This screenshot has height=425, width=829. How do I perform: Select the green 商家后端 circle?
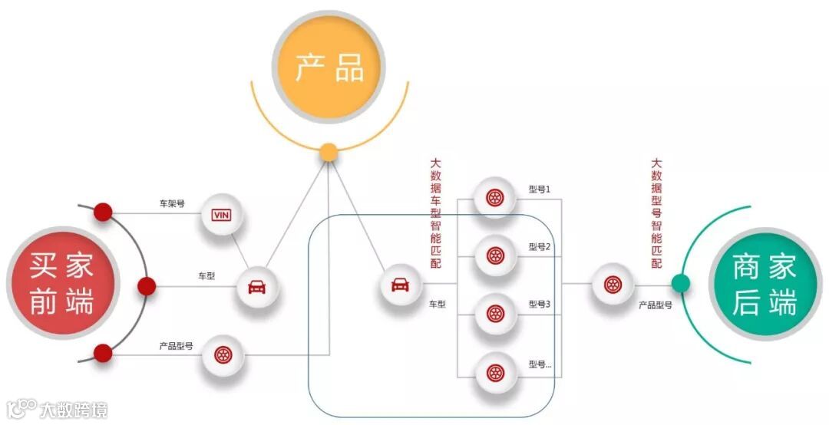pyautogui.click(x=764, y=284)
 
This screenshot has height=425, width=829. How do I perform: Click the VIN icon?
pyautogui.click(x=222, y=214)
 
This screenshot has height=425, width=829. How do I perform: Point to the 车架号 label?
pyautogui.click(x=172, y=204)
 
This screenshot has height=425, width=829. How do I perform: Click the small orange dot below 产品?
pyautogui.click(x=329, y=152)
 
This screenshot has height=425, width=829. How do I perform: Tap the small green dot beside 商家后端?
pyautogui.click(x=680, y=284)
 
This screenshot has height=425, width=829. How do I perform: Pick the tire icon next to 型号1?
pyautogui.click(x=495, y=198)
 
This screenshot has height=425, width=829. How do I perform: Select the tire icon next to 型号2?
pyautogui.click(x=495, y=255)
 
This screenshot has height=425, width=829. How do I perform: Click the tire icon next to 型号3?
pyautogui.click(x=495, y=313)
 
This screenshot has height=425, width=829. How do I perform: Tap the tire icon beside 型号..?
pyautogui.click(x=495, y=373)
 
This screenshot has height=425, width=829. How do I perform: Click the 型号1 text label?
pyautogui.click(x=540, y=189)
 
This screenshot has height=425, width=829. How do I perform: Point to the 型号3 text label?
pyautogui.click(x=540, y=305)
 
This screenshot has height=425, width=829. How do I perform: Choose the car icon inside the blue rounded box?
pyautogui.click(x=401, y=285)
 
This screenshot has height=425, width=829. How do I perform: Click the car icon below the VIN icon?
pyautogui.click(x=256, y=287)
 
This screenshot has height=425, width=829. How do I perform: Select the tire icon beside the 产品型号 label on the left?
pyautogui.click(x=223, y=355)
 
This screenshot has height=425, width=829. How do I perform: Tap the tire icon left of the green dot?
pyautogui.click(x=613, y=285)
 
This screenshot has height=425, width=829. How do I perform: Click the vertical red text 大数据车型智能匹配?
pyautogui.click(x=436, y=212)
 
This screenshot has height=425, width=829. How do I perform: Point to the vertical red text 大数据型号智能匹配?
pyautogui.click(x=656, y=212)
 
